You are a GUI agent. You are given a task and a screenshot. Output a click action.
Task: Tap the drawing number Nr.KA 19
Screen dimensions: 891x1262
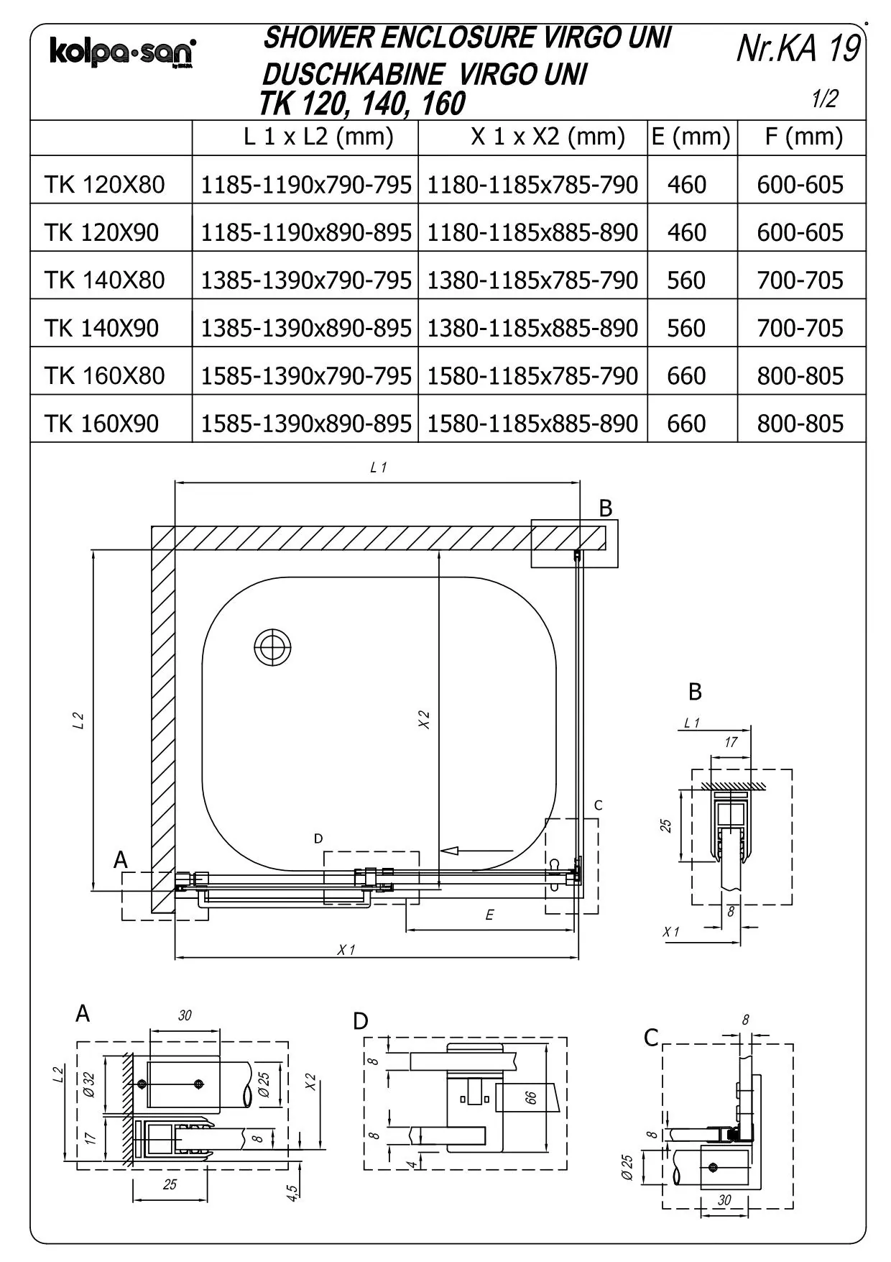(x=798, y=49)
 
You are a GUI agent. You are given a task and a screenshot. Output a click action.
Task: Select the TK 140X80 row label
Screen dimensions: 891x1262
(x=105, y=280)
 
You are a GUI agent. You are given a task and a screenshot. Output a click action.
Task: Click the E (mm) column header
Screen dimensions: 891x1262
(x=691, y=137)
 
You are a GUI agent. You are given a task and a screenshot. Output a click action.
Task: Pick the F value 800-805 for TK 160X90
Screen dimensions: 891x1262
(x=800, y=424)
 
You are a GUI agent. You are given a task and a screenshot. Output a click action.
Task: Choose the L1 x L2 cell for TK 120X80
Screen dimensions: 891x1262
(x=306, y=185)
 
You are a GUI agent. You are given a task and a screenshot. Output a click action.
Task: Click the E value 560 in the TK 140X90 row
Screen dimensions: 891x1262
(x=686, y=328)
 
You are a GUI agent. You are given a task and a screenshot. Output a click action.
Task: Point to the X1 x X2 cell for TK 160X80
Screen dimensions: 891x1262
(x=532, y=376)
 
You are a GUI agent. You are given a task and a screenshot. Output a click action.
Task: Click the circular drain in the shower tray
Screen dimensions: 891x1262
(x=273, y=647)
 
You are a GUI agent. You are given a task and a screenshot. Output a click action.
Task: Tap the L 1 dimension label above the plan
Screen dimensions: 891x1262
(x=379, y=467)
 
